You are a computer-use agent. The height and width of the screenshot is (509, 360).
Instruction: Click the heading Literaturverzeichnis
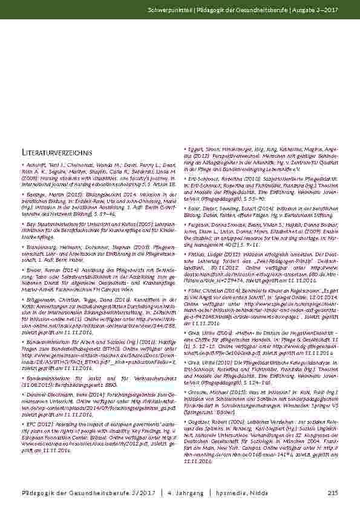click(56, 152)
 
